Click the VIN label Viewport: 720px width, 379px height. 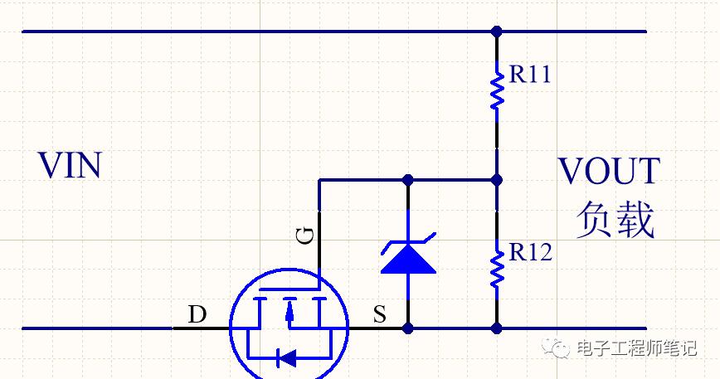[70, 166]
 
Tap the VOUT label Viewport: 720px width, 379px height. [610, 171]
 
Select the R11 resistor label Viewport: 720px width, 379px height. [530, 74]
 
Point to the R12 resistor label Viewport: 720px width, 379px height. [531, 252]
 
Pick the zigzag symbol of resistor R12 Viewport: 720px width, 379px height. [496, 269]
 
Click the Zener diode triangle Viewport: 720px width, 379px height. [408, 260]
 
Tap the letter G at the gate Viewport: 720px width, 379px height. [305, 236]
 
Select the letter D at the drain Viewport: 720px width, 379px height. [197, 314]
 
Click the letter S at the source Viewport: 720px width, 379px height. [380, 314]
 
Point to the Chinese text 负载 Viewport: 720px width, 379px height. [615, 220]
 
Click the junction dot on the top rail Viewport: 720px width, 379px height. [496, 32]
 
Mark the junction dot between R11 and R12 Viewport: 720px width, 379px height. [496, 180]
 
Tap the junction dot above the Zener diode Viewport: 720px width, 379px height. [408, 180]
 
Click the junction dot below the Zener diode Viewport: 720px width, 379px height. [408, 328]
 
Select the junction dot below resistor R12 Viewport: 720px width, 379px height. [496, 328]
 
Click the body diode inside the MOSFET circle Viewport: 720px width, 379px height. [286, 358]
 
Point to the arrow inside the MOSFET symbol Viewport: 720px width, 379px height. [289, 312]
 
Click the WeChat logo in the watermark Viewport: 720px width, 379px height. [557, 347]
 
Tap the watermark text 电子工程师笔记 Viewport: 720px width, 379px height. [637, 348]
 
